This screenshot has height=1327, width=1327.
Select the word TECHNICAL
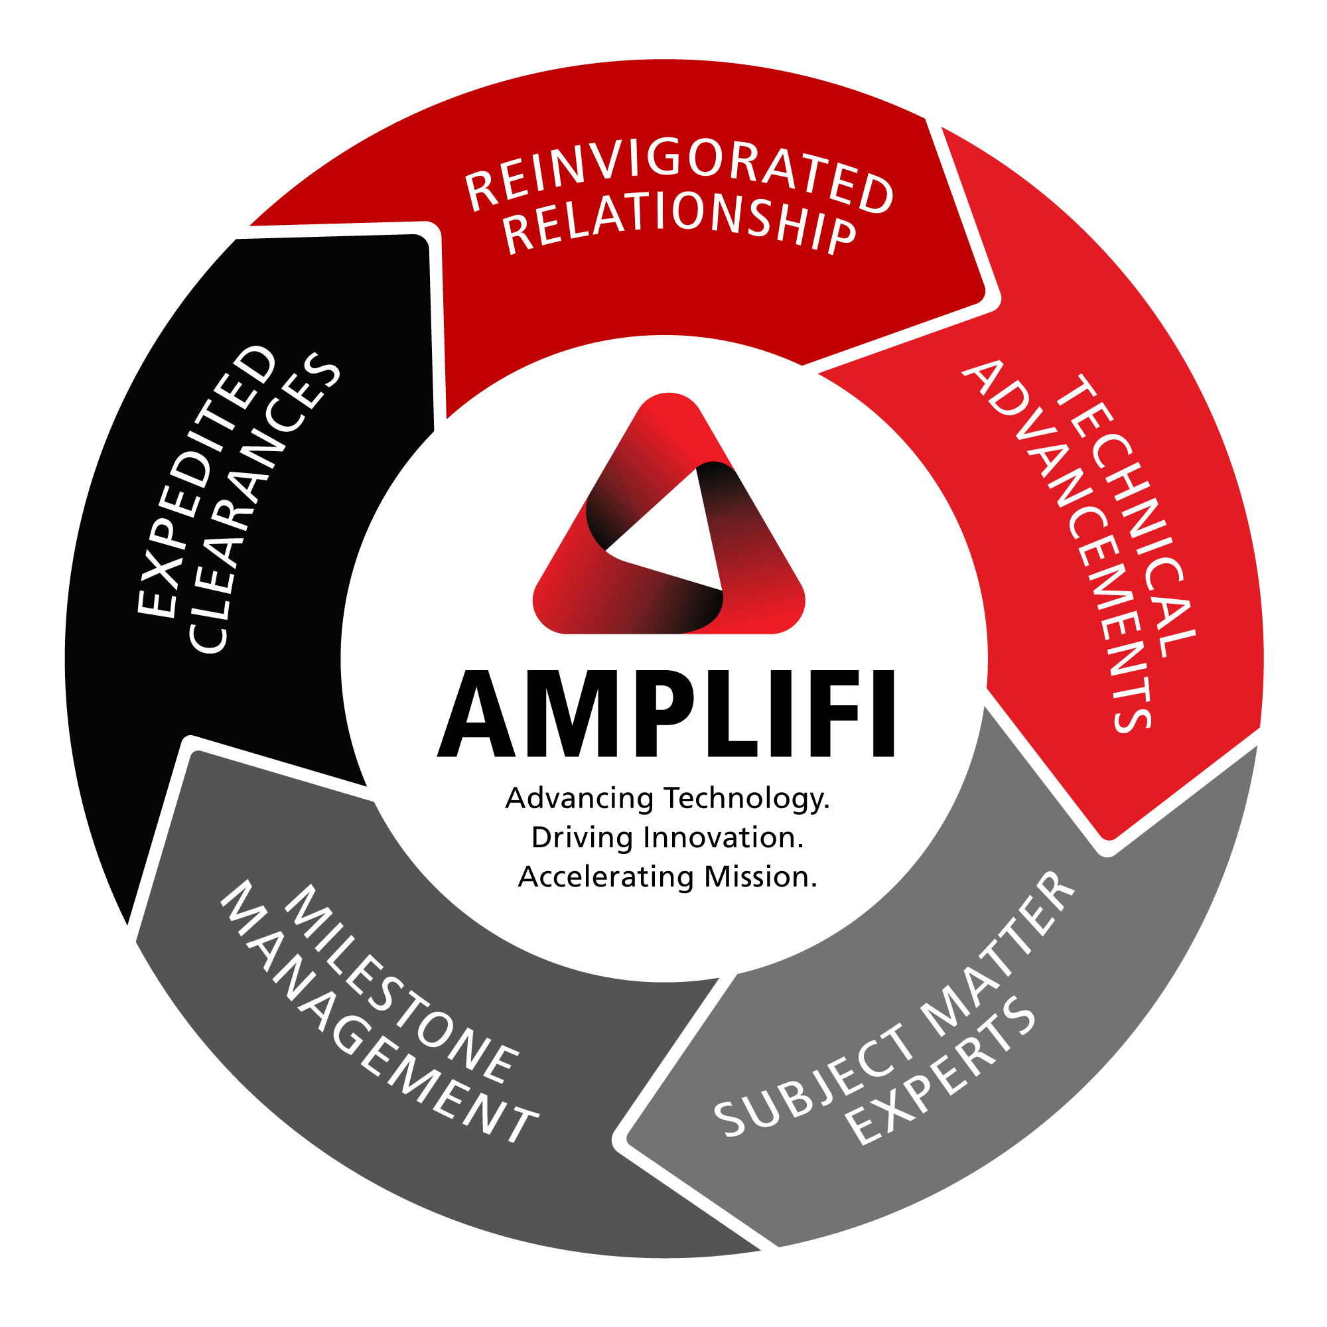1127,515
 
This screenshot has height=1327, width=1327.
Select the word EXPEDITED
206,481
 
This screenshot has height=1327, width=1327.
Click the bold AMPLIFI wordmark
666,715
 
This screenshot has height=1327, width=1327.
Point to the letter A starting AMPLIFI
476,715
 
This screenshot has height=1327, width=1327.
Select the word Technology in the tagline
747,799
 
